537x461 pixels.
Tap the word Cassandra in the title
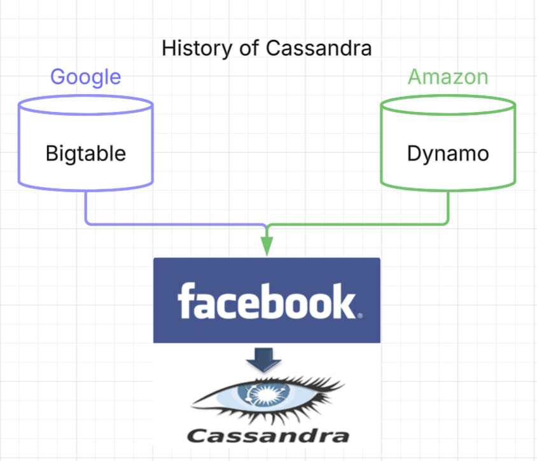[x=319, y=48]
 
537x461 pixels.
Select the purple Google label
[x=86, y=78]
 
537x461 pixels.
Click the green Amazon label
[x=448, y=77]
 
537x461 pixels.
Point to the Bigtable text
[x=86, y=153]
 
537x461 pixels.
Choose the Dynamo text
[x=448, y=154]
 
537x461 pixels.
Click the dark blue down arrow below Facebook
[x=263, y=360]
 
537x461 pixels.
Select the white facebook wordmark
[x=267, y=301]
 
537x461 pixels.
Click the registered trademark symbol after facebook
[x=360, y=316]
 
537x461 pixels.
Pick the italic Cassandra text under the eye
[x=268, y=436]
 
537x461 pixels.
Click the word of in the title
[x=249, y=48]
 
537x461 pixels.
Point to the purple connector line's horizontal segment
[x=176, y=225]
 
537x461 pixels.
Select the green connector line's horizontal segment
[x=357, y=225]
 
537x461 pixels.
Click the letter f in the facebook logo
[x=186, y=301]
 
